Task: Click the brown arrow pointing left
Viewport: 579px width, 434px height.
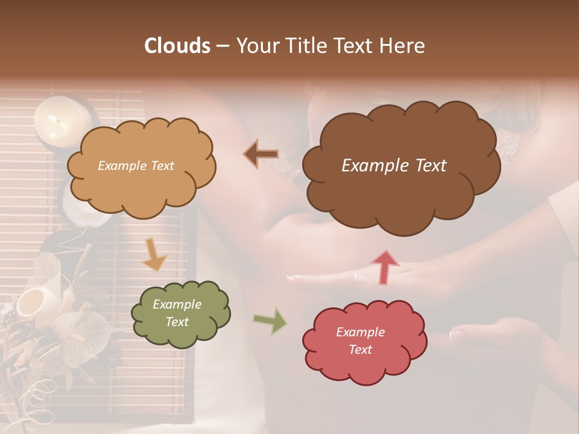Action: (261, 155)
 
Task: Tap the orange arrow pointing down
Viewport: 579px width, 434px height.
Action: (154, 255)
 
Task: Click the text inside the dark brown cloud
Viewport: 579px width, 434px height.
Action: (394, 166)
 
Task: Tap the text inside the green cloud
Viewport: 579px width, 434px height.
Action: (177, 313)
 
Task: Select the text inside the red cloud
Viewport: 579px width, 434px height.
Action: (360, 341)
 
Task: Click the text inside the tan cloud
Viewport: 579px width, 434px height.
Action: (136, 166)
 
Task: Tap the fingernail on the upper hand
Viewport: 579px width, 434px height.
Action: (362, 279)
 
